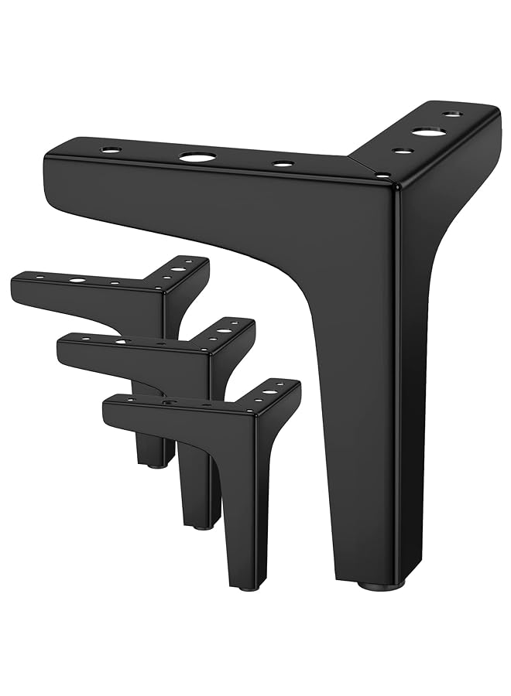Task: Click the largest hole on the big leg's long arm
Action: click(x=197, y=157)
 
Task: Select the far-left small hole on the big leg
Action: click(x=111, y=149)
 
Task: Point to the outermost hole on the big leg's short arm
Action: click(x=453, y=114)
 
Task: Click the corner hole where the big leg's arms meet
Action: click(x=381, y=176)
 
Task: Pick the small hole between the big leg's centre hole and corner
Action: click(x=283, y=164)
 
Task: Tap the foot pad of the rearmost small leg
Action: click(x=156, y=466)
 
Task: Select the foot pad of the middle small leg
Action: click(x=202, y=526)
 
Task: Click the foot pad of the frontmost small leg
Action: click(x=248, y=588)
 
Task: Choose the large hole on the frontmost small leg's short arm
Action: click(x=269, y=392)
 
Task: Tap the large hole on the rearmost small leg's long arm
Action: click(x=77, y=279)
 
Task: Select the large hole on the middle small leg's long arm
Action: click(x=122, y=340)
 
